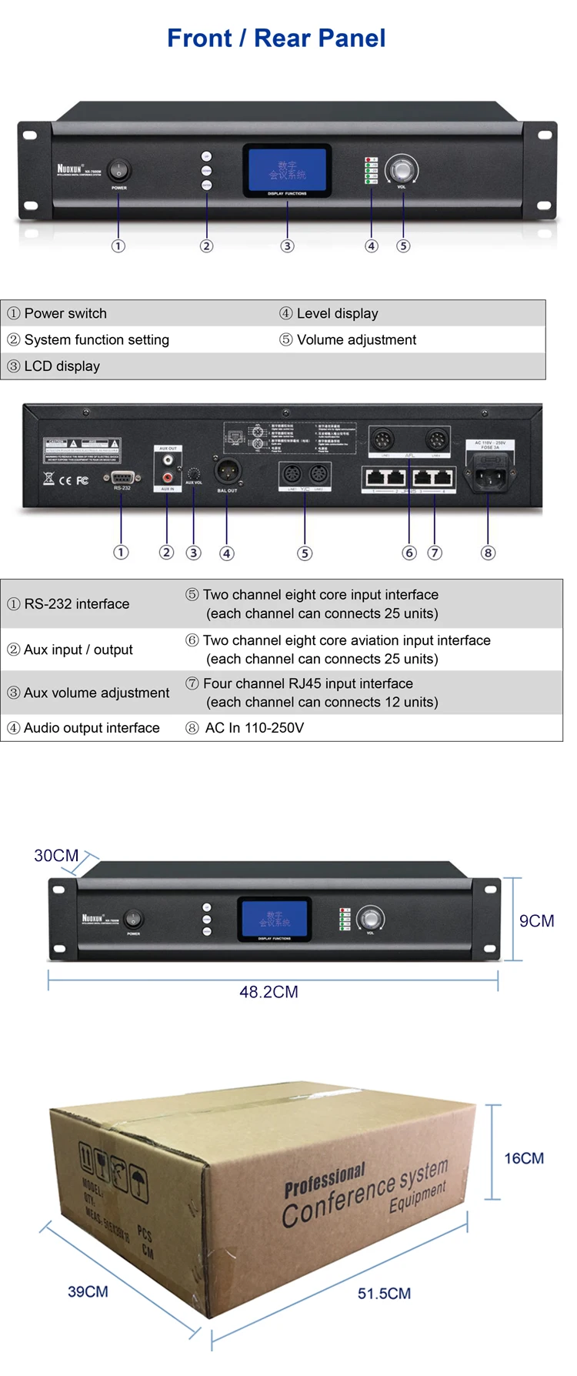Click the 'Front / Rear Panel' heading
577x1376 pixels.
click(276, 38)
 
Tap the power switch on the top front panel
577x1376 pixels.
click(118, 170)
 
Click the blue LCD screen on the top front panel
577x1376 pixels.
click(287, 169)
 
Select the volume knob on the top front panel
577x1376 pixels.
click(402, 169)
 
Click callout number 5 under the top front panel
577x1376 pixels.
click(403, 246)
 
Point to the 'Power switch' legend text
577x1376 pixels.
click(65, 313)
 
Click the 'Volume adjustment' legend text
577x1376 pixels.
click(356, 339)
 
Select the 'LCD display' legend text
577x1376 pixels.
click(62, 366)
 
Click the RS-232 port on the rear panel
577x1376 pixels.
click(122, 478)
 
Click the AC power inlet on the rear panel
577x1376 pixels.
click(489, 476)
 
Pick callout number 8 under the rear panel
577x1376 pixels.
click(488, 553)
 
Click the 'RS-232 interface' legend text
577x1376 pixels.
click(76, 604)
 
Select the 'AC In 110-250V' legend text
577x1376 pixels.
click(254, 728)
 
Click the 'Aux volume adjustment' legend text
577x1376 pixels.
click(96, 693)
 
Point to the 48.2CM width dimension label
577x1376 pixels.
click(268, 992)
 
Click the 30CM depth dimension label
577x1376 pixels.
click(56, 856)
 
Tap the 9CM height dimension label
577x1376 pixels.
click(536, 921)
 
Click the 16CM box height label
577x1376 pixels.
click(524, 1158)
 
